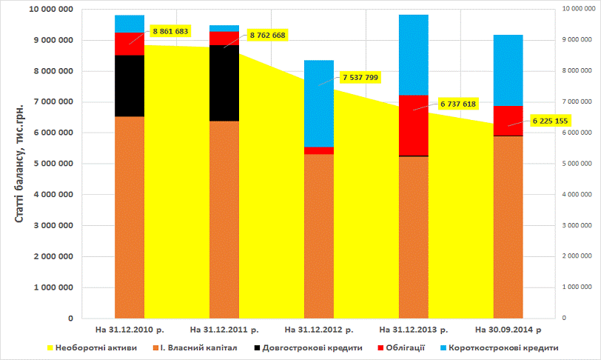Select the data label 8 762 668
click(x=267, y=35)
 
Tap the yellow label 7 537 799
click(x=360, y=76)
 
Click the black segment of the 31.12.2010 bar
click(x=130, y=86)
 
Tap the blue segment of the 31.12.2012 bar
click(x=319, y=104)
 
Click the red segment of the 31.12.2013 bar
click(x=414, y=125)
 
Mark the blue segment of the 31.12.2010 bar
click(x=130, y=24)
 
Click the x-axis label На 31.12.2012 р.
click(x=319, y=328)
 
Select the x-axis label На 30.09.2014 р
click(x=508, y=328)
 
